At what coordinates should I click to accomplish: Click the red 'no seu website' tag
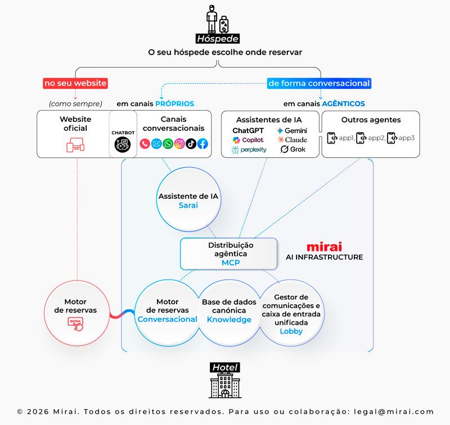[75, 83]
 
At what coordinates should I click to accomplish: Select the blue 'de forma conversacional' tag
[319, 83]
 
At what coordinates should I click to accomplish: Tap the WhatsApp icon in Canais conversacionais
[168, 144]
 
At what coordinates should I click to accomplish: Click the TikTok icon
[191, 144]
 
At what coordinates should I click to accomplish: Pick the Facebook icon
[202, 144]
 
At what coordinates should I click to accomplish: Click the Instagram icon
[179, 144]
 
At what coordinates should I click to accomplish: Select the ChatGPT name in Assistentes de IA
[248, 131]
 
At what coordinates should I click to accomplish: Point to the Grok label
[293, 149]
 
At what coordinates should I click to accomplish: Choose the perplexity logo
[249, 150]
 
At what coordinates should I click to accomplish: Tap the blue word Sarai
[188, 205]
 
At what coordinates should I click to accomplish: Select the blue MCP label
[231, 262]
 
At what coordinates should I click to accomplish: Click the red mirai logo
[325, 247]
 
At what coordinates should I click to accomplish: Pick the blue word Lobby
[291, 331]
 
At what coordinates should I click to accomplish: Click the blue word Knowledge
[229, 319]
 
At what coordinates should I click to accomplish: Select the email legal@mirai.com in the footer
[394, 412]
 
